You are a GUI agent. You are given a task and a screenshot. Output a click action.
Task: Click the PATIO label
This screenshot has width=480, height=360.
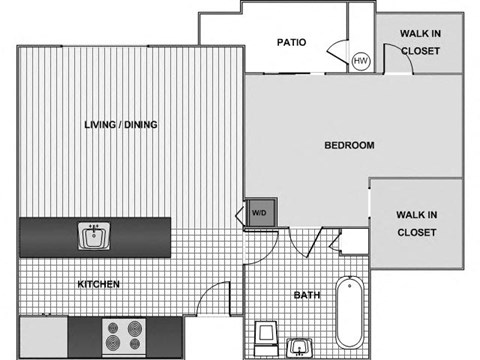291,42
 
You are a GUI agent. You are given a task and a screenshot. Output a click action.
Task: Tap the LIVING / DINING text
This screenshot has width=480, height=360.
121,124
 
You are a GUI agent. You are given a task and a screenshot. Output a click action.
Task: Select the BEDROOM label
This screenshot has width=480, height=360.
349,145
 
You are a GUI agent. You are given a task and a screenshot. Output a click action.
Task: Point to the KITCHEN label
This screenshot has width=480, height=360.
99,284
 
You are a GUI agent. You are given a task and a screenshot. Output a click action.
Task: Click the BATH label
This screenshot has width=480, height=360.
305,295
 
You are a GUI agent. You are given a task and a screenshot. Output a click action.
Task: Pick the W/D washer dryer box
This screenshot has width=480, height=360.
259,212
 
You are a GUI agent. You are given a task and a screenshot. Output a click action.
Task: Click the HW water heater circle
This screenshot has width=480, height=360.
360,61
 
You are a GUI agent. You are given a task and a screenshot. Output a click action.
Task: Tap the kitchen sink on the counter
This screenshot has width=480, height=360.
93,236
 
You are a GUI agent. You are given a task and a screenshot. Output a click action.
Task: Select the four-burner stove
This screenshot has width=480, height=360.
126,333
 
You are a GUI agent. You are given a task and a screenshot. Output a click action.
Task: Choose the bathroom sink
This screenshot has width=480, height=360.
299,346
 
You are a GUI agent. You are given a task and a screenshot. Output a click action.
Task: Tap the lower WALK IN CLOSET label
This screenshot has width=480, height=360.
416,222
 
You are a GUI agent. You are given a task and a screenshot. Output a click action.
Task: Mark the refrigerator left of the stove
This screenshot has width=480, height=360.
43,337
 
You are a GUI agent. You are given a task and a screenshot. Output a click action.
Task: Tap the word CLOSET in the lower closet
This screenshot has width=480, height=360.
417,232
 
